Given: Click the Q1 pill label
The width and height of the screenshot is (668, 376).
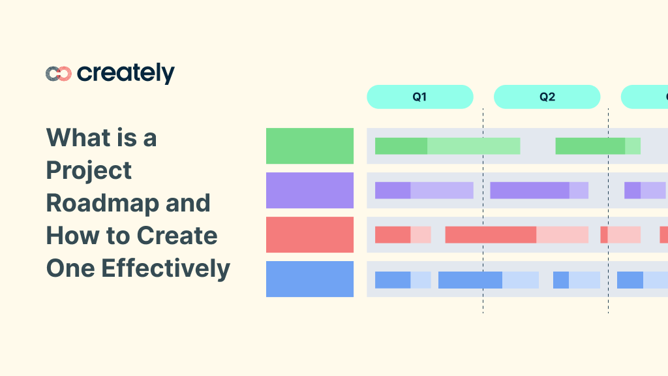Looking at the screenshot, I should tap(419, 97).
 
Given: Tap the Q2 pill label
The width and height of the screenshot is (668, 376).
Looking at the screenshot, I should tap(547, 97).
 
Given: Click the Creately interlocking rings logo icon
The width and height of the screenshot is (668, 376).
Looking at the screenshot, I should tap(58, 74).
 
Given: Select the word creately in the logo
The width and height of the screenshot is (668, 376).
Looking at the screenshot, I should tap(125, 73).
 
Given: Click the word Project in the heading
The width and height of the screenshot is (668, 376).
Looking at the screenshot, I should tap(89, 170).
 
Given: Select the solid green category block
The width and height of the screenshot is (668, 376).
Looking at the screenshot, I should tap(310, 146).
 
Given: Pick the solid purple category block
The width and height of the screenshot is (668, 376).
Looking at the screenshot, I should tap(310, 190).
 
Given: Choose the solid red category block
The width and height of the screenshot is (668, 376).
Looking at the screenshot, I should tap(310, 234).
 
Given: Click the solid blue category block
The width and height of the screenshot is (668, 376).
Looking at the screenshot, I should tap(310, 279).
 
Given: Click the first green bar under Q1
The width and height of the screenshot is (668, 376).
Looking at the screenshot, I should tap(447, 146).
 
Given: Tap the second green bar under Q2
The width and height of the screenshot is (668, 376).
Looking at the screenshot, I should tap(597, 146).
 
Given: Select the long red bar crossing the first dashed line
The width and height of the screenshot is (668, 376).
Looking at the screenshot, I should tap(516, 234).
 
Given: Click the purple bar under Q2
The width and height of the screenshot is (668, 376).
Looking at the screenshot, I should tap(539, 190).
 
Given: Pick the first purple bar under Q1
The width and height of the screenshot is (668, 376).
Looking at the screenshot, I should tap(423, 190).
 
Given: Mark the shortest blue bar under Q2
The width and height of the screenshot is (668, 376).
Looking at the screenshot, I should tap(576, 279).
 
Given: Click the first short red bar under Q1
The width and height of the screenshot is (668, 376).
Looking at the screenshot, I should tap(402, 234).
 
